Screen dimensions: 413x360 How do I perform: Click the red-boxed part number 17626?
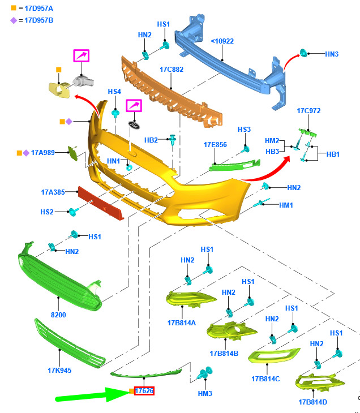pos(144,390)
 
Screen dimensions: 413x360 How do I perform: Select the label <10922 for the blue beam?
pos(222,41)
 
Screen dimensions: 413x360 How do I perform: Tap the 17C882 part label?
pos(171,70)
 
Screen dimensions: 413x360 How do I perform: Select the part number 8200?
pos(58,315)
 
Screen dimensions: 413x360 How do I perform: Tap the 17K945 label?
pos(59,371)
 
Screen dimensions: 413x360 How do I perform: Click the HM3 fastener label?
pos(205,393)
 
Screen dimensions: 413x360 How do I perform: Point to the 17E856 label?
pos(215,145)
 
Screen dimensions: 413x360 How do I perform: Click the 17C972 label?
pos(308,111)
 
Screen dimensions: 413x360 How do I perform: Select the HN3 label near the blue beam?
pos(332,54)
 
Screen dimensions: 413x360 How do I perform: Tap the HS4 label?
pos(114,92)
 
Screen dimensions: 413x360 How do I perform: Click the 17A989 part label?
pos(42,153)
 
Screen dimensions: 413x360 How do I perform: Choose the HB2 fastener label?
pos(151,140)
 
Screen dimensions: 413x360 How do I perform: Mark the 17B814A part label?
pos(181,322)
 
